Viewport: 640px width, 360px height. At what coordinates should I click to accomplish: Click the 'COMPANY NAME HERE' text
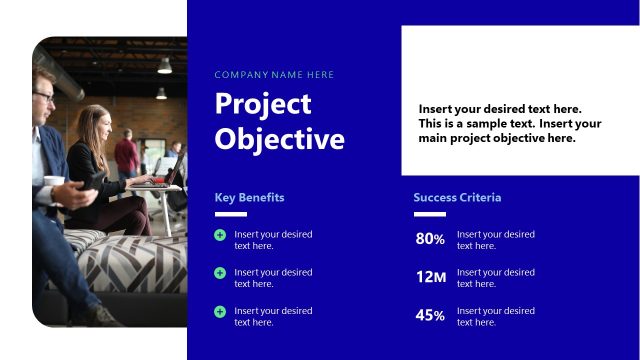click(274, 75)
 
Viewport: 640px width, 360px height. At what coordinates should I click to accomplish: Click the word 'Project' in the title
click(263, 104)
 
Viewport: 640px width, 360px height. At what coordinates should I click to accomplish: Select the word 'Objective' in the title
click(279, 139)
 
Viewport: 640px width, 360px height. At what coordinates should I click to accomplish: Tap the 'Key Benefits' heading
click(249, 197)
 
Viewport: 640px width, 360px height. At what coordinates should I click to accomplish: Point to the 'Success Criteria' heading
click(457, 197)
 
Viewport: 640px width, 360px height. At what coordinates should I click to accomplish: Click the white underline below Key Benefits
click(230, 214)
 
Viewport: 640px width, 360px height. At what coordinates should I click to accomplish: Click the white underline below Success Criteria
click(429, 214)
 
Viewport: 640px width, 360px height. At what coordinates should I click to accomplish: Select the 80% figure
click(430, 240)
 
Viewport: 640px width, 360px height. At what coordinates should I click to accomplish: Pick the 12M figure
click(431, 277)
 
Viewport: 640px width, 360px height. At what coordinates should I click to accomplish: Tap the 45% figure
click(430, 316)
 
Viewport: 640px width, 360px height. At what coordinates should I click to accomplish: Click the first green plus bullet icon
click(220, 235)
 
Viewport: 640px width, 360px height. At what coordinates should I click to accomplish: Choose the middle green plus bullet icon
click(220, 273)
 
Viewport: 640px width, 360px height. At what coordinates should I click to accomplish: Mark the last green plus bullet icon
click(220, 311)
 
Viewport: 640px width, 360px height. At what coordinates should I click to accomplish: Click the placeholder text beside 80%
click(495, 240)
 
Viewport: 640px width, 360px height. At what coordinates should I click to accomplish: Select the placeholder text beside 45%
click(495, 316)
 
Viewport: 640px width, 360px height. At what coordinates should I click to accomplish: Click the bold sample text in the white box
click(510, 124)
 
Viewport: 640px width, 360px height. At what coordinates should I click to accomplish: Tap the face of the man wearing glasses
click(44, 98)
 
